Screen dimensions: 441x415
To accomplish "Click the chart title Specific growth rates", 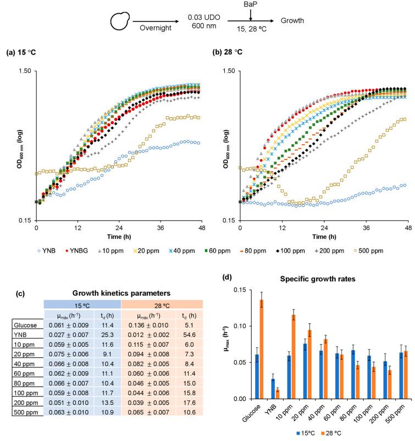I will coord(333,279).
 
